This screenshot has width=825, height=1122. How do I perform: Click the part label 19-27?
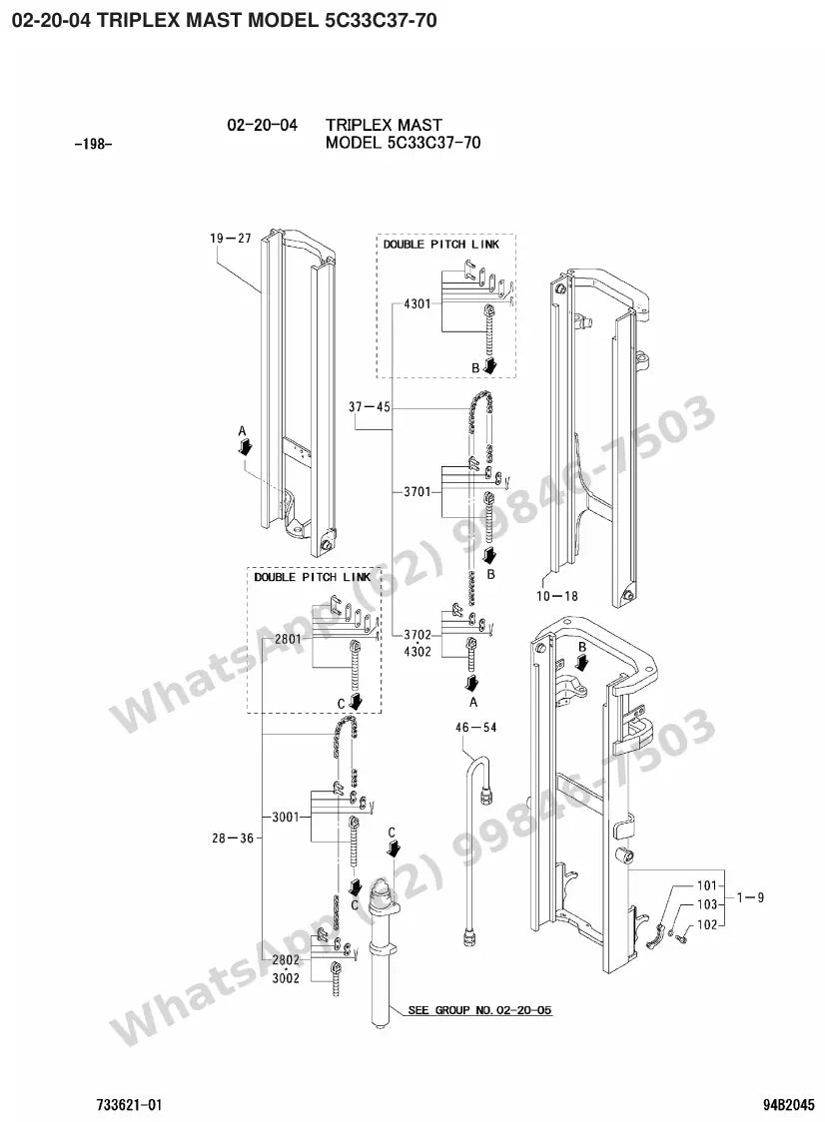coord(231,239)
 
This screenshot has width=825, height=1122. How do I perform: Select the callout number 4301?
coord(417,303)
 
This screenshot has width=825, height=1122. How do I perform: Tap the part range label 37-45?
coord(370,407)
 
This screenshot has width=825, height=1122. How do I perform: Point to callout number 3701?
coord(417,491)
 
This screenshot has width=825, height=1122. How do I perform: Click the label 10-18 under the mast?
coord(557,595)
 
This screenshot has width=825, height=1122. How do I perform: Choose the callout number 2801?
coord(288,638)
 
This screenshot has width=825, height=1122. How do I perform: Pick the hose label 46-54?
coord(476,727)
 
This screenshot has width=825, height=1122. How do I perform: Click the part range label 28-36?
coord(233,838)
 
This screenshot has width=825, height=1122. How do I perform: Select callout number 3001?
coord(285,817)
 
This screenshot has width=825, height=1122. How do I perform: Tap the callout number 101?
coord(706,885)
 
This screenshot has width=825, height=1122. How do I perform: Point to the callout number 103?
coord(707,905)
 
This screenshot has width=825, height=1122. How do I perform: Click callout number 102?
coord(707,924)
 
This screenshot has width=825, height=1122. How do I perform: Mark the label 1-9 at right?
coord(750,897)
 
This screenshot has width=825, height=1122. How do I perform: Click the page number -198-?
coord(93,145)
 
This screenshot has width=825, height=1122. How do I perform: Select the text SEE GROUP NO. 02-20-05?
coord(479,1010)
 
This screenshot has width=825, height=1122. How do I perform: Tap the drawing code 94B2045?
coord(788,1105)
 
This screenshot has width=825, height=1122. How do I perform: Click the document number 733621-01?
coord(129,1105)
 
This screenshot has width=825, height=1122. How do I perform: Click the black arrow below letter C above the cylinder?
coord(394,847)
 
